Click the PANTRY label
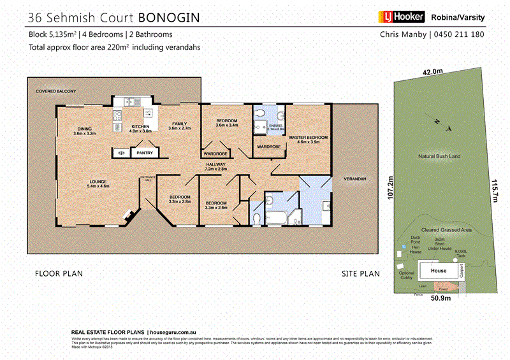point(141,153)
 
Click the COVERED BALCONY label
point(56,92)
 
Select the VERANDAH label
point(355,180)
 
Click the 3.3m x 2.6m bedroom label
point(216,205)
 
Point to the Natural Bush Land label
point(439,156)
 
